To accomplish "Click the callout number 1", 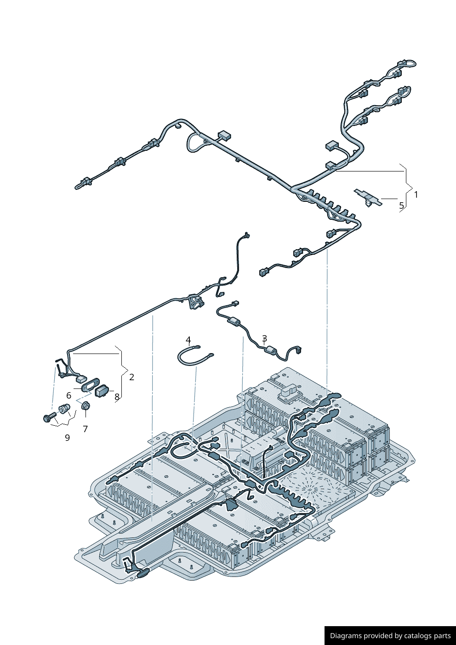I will pyautogui.click(x=416, y=194).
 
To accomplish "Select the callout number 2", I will pyautogui.click(x=131, y=377).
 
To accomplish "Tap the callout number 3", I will pyautogui.click(x=264, y=339).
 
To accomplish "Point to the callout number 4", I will pyautogui.click(x=188, y=340).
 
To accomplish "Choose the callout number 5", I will pyautogui.click(x=401, y=205).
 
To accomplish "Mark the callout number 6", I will pyautogui.click(x=69, y=395).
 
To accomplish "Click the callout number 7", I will pyautogui.click(x=85, y=429).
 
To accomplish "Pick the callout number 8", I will pyautogui.click(x=117, y=396).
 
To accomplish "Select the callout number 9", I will pyautogui.click(x=67, y=438).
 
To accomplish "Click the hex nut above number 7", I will pyautogui.click(x=85, y=406).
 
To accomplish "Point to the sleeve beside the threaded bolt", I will pyautogui.click(x=64, y=408).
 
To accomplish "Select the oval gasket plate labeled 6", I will pyautogui.click(x=91, y=384).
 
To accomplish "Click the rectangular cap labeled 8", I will pyautogui.click(x=102, y=391).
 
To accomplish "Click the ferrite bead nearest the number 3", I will pyautogui.click(x=272, y=352).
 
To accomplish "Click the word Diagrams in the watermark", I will pyautogui.click(x=346, y=636).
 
